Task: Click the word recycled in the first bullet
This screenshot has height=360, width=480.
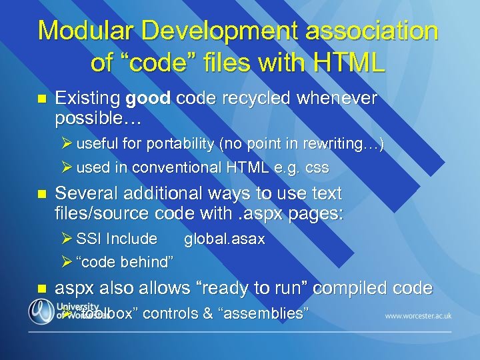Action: click(257, 99)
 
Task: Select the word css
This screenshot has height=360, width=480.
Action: click(316, 167)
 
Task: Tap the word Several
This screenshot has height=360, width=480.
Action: click(87, 194)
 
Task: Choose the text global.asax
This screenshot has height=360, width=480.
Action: click(224, 239)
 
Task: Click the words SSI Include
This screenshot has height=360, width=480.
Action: click(117, 239)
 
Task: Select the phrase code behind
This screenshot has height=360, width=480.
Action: click(126, 262)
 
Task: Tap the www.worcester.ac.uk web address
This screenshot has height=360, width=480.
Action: click(418, 315)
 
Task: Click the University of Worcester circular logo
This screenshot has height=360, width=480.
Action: click(41, 311)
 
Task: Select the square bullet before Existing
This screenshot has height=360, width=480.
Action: click(42, 100)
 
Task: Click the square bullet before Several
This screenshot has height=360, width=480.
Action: click(42, 195)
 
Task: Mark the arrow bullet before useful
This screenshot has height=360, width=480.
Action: click(67, 144)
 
